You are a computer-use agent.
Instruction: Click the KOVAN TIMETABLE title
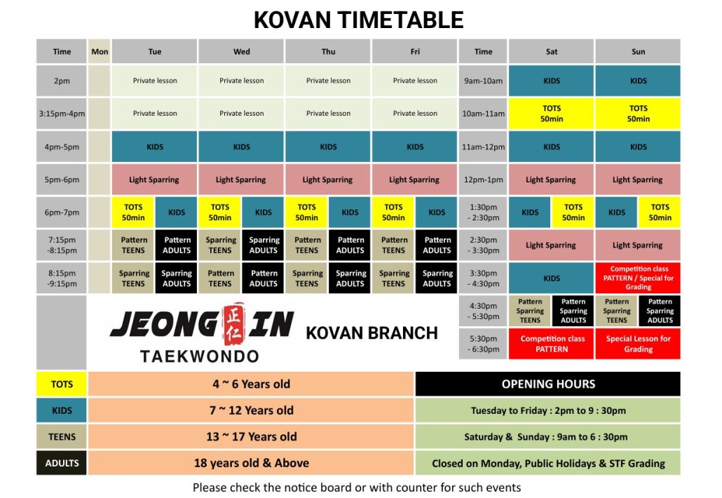(358, 20)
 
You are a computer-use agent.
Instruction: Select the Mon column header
(100, 51)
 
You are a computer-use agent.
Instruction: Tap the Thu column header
(328, 51)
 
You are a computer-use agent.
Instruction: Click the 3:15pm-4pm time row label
(62, 114)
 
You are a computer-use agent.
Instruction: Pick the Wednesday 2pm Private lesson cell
(241, 81)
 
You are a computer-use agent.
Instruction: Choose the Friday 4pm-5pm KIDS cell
(414, 147)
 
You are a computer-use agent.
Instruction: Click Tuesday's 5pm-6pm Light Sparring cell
(154, 180)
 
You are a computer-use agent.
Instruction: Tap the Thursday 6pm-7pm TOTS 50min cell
(306, 213)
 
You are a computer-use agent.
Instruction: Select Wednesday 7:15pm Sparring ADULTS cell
(264, 245)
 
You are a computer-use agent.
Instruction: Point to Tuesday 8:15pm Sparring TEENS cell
(133, 278)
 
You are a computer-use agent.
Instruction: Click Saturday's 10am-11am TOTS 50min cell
(551, 114)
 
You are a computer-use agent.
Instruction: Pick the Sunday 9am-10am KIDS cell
(638, 81)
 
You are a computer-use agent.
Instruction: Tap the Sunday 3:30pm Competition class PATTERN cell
(638, 278)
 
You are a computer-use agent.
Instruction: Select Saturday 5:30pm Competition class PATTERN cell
(551, 344)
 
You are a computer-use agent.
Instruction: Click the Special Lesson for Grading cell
(638, 344)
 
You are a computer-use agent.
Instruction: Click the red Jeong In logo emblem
(233, 324)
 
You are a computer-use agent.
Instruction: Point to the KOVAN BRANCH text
(372, 333)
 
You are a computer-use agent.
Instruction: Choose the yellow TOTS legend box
(62, 384)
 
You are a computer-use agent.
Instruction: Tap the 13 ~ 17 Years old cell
(252, 437)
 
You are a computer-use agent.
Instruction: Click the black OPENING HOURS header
(548, 384)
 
